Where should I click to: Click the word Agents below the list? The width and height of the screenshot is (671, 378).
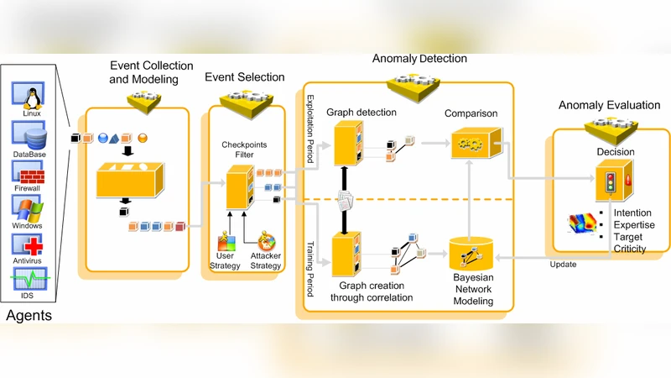[x=29, y=316]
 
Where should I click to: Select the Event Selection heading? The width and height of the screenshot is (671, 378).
[x=244, y=77]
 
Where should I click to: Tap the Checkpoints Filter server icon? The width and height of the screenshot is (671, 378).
[x=240, y=187]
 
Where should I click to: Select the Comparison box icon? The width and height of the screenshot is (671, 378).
[x=471, y=145]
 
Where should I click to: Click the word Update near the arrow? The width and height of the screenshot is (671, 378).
[x=563, y=265]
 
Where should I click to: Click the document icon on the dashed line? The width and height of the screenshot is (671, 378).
[x=346, y=200]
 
